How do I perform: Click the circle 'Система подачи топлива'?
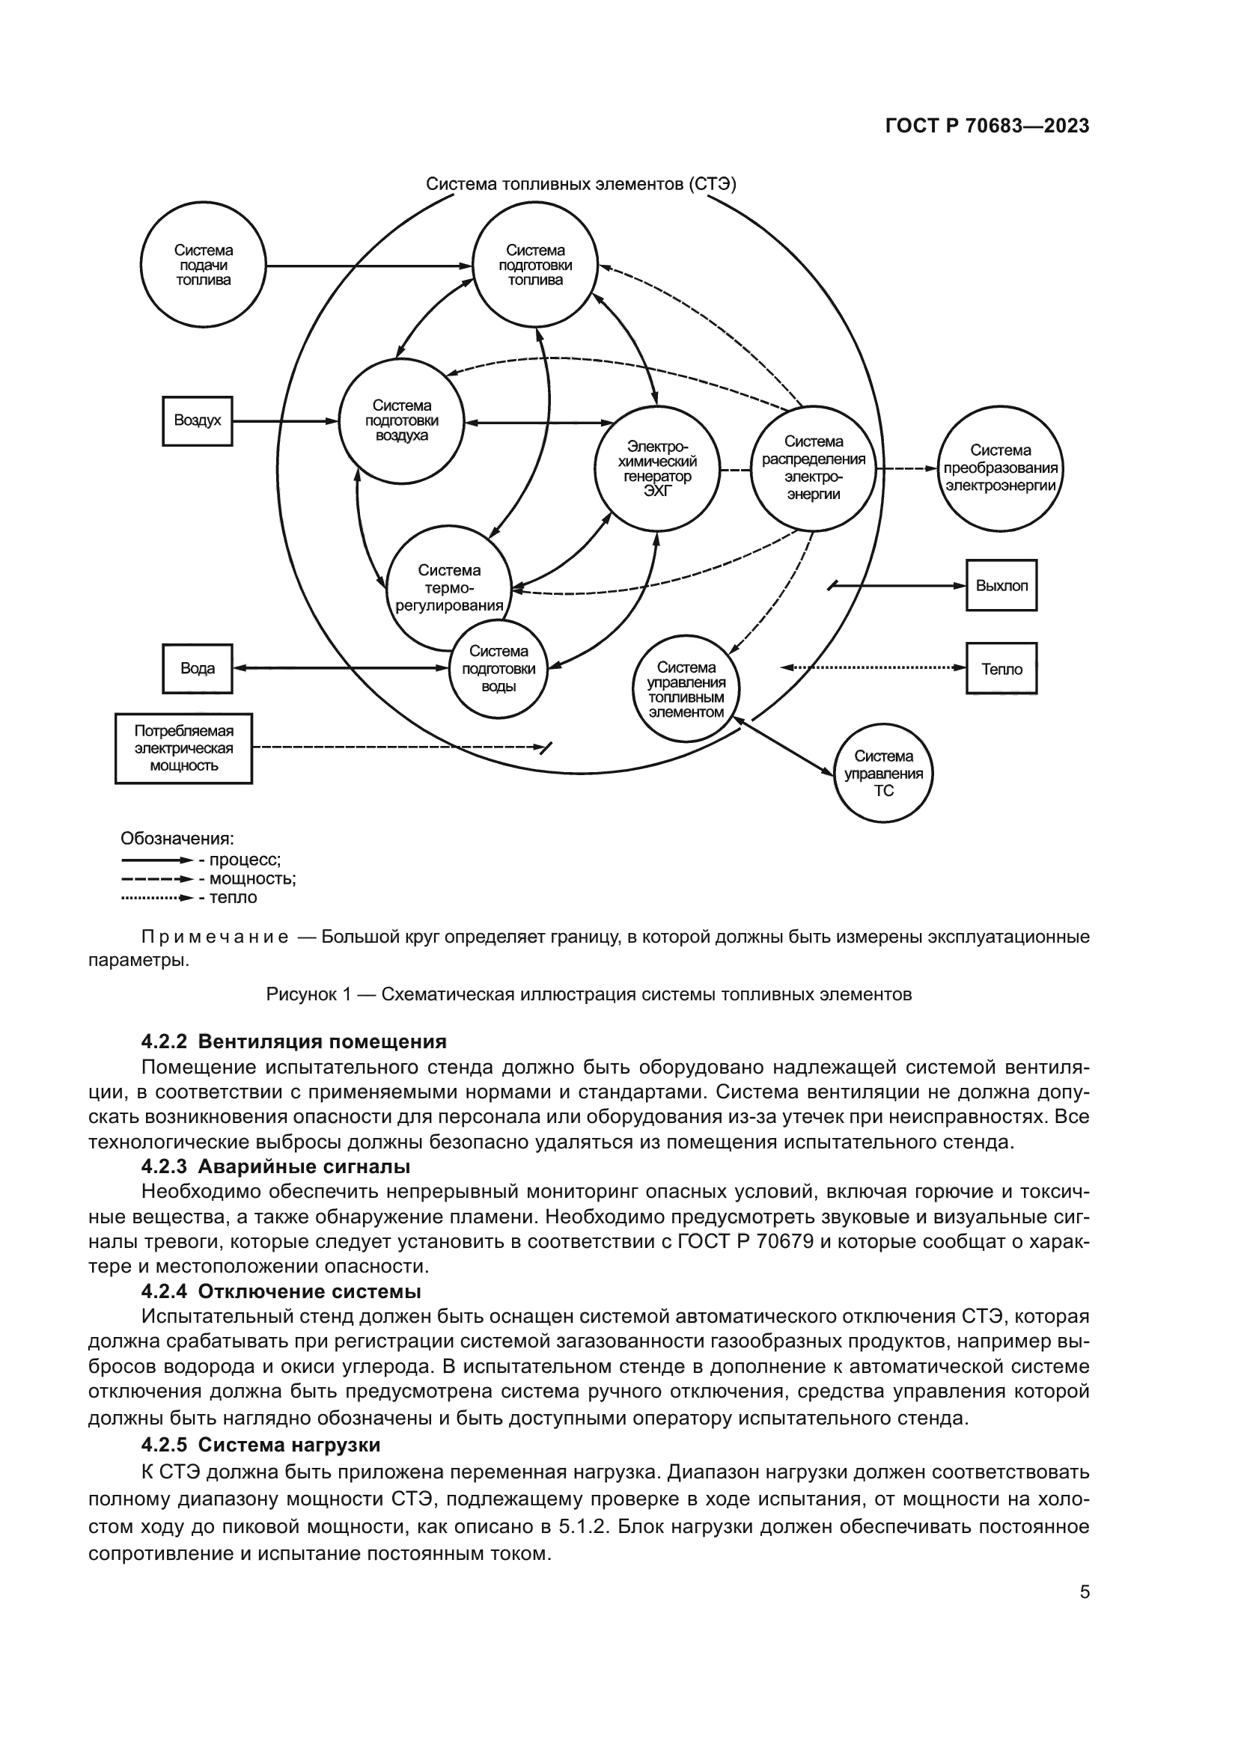pos(203,266)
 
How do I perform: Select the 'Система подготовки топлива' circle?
pos(535,266)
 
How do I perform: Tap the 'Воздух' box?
pos(198,420)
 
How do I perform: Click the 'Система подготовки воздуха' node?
pos(402,420)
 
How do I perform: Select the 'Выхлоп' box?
pos(1001,585)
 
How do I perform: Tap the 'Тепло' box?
pos(1001,668)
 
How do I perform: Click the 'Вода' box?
pos(198,668)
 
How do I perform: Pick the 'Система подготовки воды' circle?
pos(498,668)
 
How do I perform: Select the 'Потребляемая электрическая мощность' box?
pos(183,747)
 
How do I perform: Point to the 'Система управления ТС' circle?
pos(882,773)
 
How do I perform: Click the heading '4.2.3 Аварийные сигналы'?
pos(276,1166)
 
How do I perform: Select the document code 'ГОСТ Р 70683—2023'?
pos(987,126)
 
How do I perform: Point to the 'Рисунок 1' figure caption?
pos(588,994)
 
